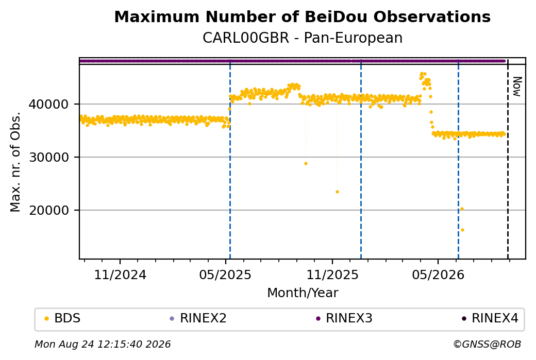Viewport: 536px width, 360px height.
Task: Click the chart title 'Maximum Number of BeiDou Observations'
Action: [302, 16]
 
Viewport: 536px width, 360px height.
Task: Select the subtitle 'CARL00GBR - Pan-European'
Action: [303, 38]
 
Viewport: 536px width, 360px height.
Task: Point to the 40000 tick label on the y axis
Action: [49, 104]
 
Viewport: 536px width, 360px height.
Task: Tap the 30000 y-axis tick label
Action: [49, 157]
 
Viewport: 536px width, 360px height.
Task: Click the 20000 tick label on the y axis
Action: [49, 210]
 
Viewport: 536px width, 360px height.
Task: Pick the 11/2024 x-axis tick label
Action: [120, 275]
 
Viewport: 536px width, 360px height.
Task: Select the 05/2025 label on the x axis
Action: [225, 275]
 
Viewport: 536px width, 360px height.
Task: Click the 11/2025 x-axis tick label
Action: [332, 275]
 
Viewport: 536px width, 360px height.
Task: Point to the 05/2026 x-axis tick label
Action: [438, 275]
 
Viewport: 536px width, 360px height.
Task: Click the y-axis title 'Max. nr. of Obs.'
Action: [15, 162]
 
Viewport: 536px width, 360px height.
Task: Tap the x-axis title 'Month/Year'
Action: [303, 293]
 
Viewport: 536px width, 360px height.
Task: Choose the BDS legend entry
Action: [62, 318]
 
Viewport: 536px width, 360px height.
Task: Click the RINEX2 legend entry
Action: [198, 318]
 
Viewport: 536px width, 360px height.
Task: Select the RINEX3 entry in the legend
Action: [344, 318]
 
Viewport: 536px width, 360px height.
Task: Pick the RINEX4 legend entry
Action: [490, 318]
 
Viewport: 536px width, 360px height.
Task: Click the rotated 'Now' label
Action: [517, 87]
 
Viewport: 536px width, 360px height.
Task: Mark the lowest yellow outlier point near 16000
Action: [462, 230]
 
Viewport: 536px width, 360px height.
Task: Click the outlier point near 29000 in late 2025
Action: [306, 164]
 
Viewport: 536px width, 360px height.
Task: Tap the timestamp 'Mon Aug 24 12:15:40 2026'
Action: [103, 344]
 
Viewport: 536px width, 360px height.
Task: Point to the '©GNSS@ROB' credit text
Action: [487, 344]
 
